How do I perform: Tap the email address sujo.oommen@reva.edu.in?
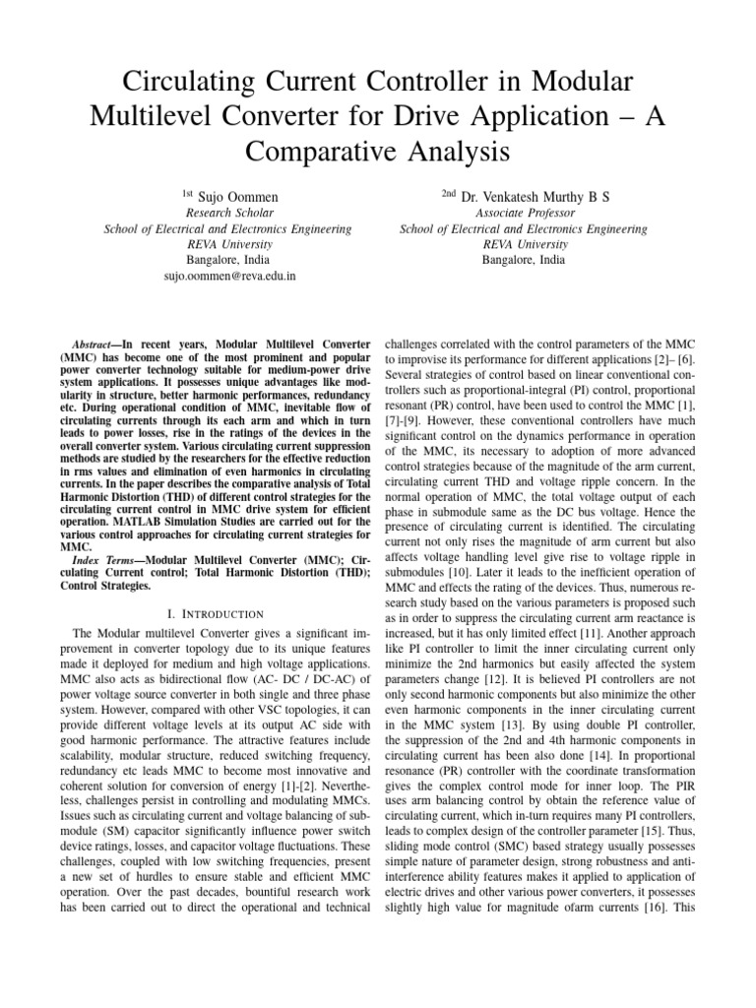point(228,278)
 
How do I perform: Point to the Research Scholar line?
point(228,213)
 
